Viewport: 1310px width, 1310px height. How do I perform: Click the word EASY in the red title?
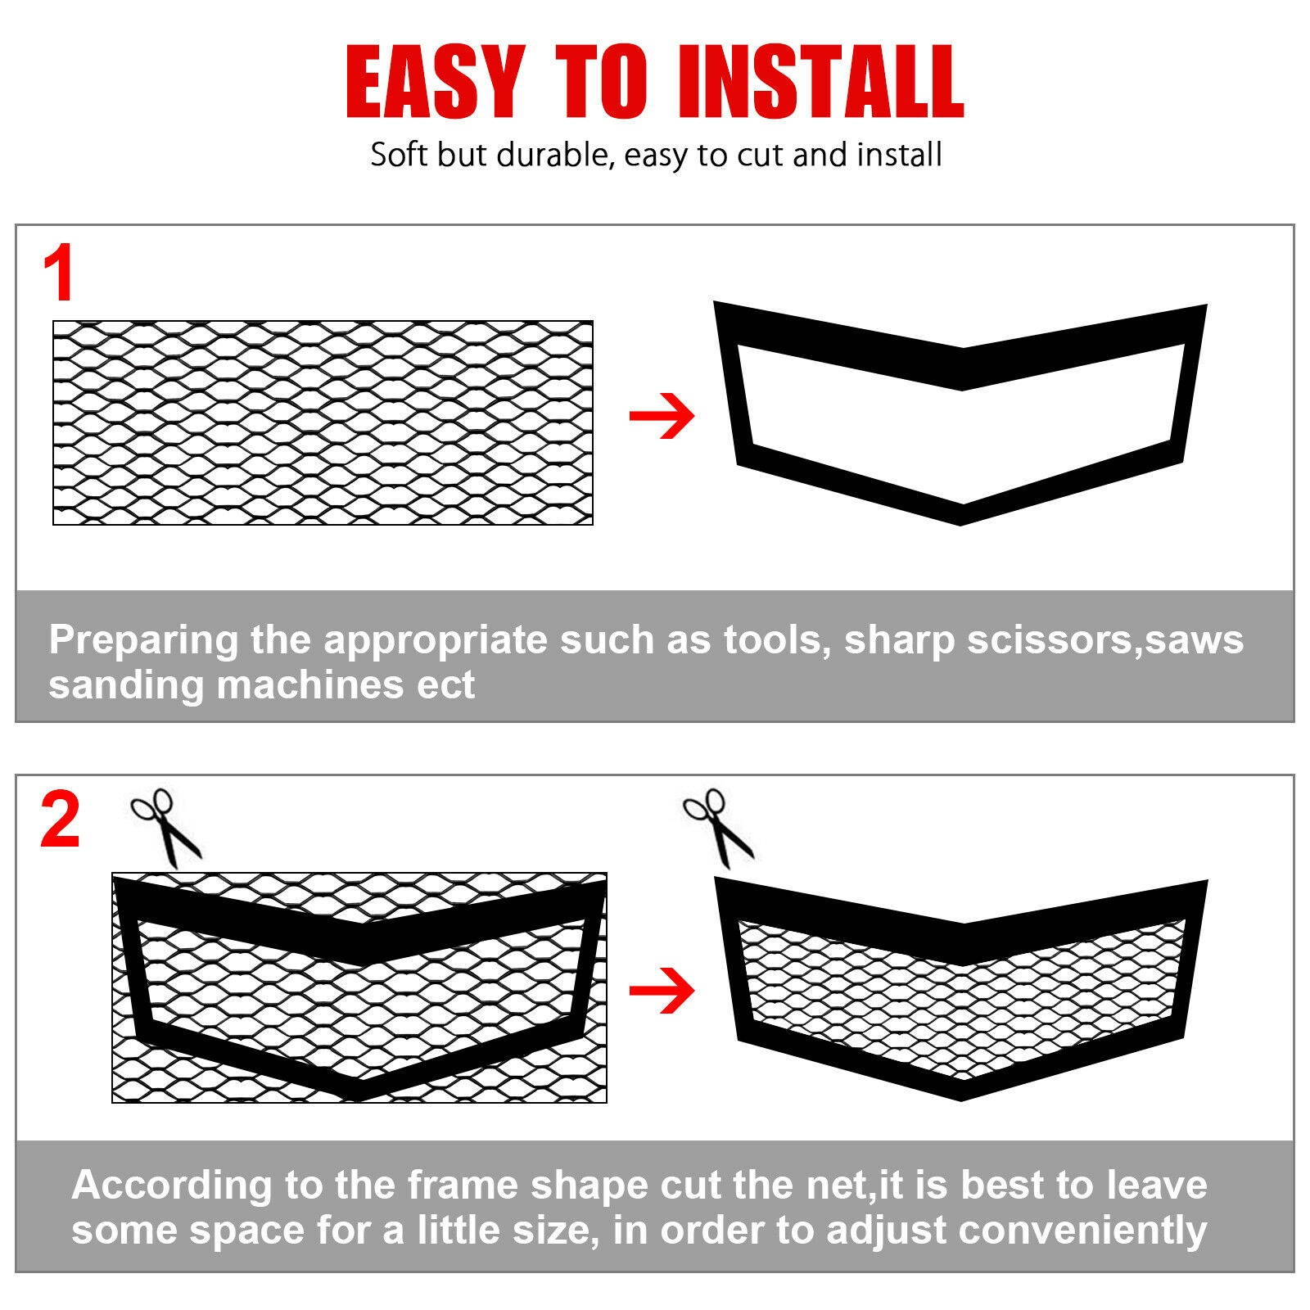pos(435,82)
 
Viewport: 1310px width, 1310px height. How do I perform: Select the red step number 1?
pos(59,274)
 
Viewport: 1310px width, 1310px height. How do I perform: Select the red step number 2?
pos(60,821)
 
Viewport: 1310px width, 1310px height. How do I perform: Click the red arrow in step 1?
pos(662,416)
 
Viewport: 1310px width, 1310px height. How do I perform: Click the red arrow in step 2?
pos(662,991)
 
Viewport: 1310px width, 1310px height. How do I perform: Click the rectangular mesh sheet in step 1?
pos(323,422)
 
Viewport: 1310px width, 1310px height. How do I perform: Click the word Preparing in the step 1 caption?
pos(143,640)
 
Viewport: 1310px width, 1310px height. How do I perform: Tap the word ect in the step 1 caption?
pos(445,684)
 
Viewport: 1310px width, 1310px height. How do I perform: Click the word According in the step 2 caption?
pos(171,1186)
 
